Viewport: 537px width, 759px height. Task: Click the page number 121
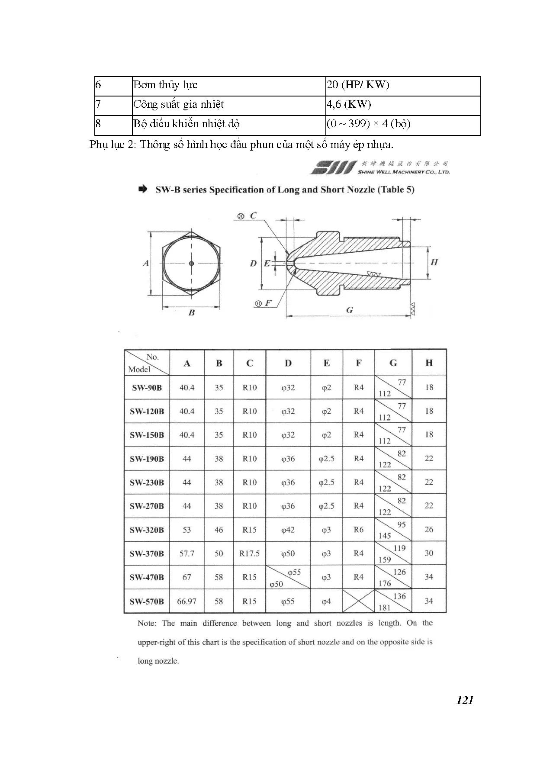[465, 700]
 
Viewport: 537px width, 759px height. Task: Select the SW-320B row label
[147, 530]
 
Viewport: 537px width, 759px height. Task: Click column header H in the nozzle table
[429, 363]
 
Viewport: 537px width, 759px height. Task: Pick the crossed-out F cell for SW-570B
[358, 601]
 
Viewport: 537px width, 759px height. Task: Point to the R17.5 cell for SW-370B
[250, 553]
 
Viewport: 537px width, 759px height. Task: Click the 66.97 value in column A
[187, 601]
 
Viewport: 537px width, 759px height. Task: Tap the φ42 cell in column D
[288, 530]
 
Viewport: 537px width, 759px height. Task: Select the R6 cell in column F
[359, 530]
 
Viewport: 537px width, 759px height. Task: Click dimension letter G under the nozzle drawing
[350, 310]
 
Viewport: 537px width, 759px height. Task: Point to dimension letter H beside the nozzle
[434, 262]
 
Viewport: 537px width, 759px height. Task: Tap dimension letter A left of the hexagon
[146, 263]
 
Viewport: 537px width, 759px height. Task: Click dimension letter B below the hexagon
[192, 313]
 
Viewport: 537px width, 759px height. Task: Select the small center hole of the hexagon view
[192, 263]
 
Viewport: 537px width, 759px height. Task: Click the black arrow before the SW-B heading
[142, 190]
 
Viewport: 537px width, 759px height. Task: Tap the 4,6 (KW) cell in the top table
[349, 104]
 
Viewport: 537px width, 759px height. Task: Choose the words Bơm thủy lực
[165, 85]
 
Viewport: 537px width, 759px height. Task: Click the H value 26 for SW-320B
[429, 530]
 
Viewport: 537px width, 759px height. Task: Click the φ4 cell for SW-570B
[326, 601]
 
